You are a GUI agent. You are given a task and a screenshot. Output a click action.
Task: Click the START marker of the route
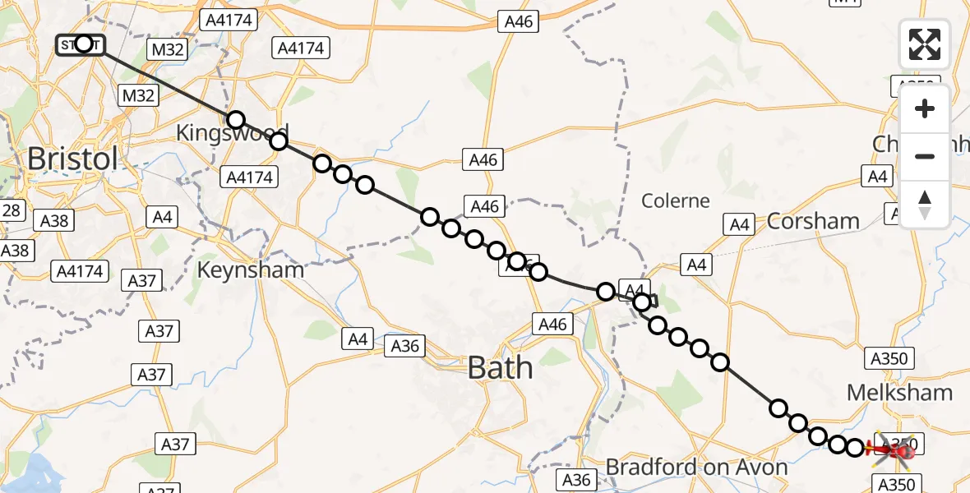[x=81, y=44]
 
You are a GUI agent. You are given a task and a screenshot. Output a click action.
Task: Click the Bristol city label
[x=72, y=159]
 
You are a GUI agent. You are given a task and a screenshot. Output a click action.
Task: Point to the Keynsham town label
[x=251, y=270]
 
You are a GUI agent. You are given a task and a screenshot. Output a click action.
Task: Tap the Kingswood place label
[x=233, y=133]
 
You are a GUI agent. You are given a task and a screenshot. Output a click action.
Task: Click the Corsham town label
[x=813, y=221]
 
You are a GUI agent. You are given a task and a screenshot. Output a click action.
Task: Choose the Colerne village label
[x=675, y=200]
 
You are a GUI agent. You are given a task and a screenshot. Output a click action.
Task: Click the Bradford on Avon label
[x=696, y=468]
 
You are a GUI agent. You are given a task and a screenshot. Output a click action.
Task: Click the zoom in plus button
[x=925, y=108]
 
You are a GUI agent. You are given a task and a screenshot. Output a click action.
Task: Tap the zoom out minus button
[x=925, y=156]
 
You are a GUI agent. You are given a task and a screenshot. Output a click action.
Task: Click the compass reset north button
[x=925, y=204]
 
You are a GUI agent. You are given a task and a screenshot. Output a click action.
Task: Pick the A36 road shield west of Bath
[x=405, y=346]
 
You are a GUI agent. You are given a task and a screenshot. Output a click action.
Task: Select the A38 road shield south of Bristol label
[x=53, y=220]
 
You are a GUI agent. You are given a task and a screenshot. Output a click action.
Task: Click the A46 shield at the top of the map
[x=519, y=22]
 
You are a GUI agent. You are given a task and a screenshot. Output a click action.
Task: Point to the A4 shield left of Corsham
[x=739, y=223]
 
